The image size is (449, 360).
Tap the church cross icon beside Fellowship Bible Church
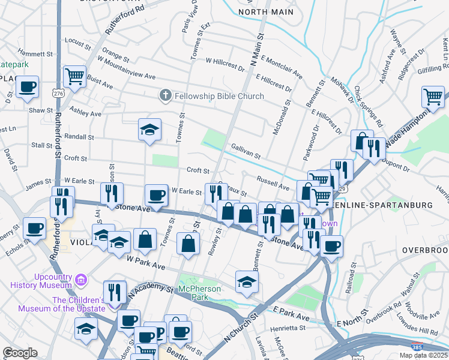click(165, 95)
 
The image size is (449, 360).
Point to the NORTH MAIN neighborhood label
click(266, 12)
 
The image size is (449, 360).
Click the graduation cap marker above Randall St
click(149, 128)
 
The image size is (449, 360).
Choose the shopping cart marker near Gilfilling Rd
click(433, 96)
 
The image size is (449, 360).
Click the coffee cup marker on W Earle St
click(156, 194)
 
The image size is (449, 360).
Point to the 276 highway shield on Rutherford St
click(58, 94)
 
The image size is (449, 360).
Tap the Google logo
click(20, 353)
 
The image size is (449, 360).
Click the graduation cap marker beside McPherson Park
click(246, 281)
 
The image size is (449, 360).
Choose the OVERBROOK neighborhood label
click(426, 250)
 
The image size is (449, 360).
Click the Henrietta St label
click(286, 328)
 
